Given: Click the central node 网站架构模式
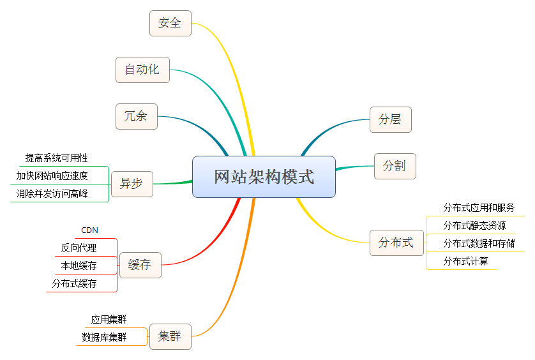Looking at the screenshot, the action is (264, 177).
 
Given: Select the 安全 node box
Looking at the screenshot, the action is (170, 23).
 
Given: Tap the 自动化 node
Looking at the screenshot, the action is (142, 70).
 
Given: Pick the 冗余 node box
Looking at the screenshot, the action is (136, 116).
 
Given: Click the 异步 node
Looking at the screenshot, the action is (132, 184).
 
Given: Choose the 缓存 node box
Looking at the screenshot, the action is (140, 265).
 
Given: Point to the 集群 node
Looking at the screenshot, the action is (170, 336).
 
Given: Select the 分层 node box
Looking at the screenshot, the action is (390, 119).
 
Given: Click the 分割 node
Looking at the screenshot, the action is (395, 166).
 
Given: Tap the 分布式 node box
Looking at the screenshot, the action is (396, 243).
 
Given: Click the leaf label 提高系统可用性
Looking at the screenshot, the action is (57, 158).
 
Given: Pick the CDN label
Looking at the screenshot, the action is (90, 230).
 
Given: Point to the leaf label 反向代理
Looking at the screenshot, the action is (79, 248).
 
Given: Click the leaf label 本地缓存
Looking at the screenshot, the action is (79, 266).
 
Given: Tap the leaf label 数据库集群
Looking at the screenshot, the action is (104, 337).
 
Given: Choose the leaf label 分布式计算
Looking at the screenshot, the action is (466, 261).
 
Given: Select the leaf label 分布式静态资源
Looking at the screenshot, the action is (475, 225).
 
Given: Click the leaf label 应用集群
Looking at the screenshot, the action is (109, 319).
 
